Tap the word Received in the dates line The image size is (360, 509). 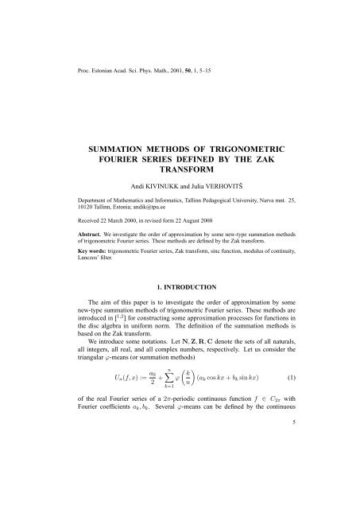click(x=70, y=245)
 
